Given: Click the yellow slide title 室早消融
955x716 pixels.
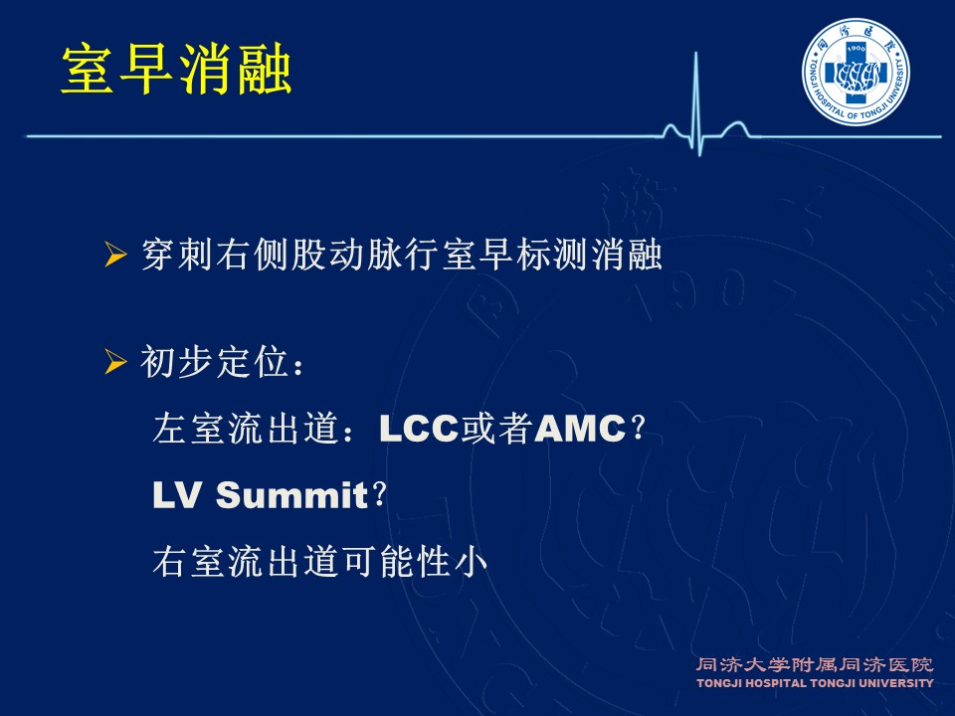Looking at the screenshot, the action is pos(177,69).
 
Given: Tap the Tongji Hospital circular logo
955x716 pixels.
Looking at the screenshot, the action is pos(856,73).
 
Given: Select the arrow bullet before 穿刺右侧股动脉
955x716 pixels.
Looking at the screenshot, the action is pos(115,255).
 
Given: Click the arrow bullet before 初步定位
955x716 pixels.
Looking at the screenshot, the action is pos(115,362).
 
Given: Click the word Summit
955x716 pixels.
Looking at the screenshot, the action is pos(291,494).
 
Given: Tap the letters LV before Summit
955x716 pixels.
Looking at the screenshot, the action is pos(176,494).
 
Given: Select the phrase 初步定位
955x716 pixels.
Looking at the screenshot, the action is pos(215,362).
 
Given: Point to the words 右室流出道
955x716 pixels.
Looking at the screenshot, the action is pos(246,561).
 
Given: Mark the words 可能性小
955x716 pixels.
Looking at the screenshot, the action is pos(416,561).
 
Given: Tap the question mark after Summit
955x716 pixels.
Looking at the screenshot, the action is pos(379,494).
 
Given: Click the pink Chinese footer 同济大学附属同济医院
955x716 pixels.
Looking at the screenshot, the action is pos(815,665).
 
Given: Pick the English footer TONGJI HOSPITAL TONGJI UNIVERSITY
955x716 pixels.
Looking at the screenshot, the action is pos(815,683).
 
